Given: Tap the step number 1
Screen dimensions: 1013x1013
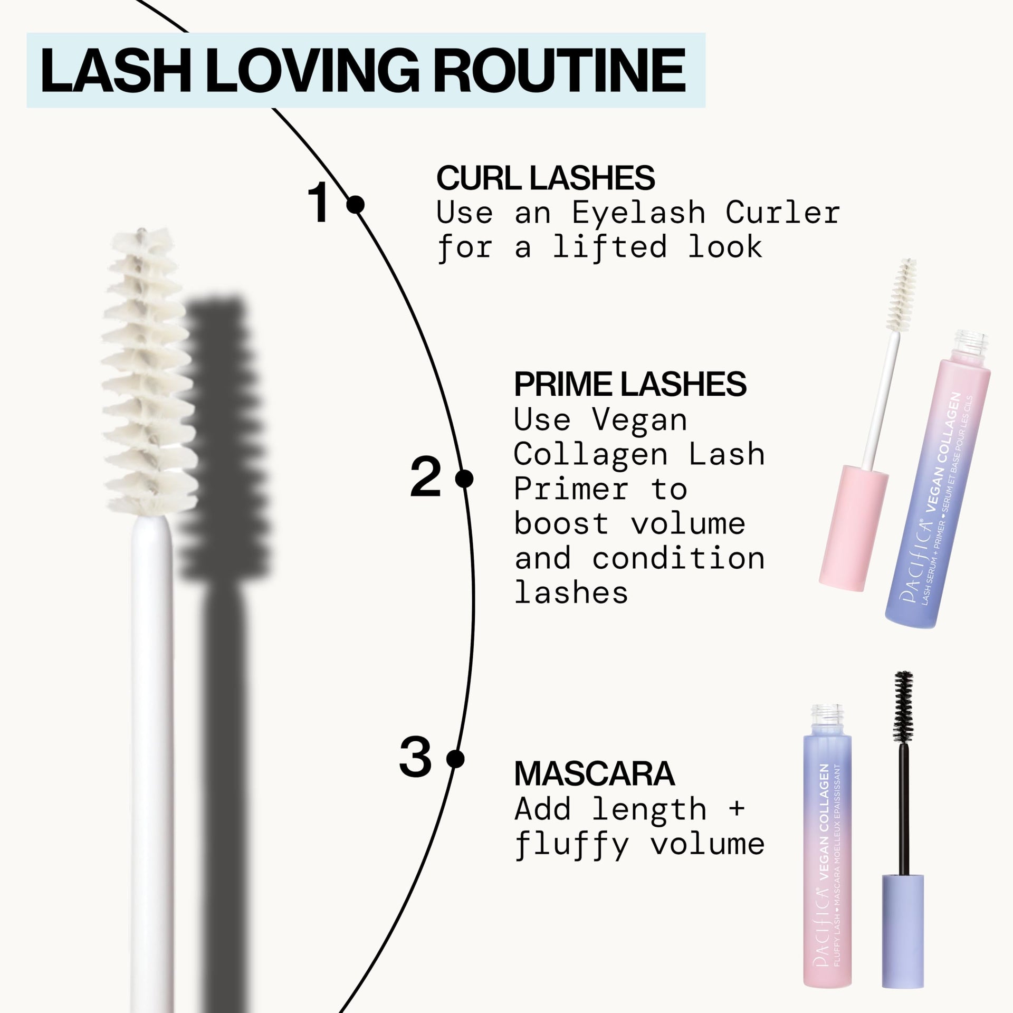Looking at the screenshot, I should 320,203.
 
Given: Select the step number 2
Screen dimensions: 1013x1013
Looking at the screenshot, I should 425,479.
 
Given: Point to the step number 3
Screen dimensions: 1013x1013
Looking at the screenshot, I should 415,759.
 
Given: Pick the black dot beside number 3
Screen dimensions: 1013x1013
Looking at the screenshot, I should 455,759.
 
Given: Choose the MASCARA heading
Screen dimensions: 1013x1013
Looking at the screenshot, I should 594,774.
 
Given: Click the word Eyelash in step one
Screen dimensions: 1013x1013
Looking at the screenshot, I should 638,213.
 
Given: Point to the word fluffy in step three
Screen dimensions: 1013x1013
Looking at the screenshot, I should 571,845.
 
